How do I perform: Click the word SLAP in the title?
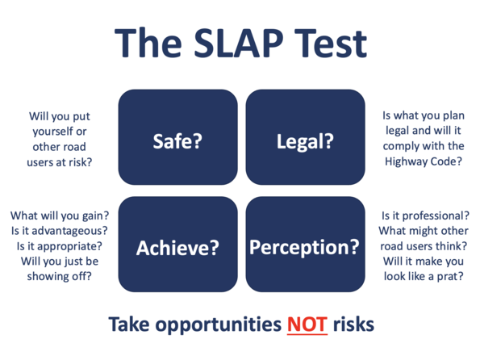239,43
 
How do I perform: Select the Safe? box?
177,137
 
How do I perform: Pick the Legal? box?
305,137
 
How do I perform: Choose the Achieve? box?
177,245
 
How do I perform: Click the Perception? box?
305,245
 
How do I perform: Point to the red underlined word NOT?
307,324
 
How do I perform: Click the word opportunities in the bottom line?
219,325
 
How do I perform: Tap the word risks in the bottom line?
353,324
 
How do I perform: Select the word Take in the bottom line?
129,324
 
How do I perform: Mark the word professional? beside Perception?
436,216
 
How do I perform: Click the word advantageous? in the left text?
70,231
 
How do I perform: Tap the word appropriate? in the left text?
69,247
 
